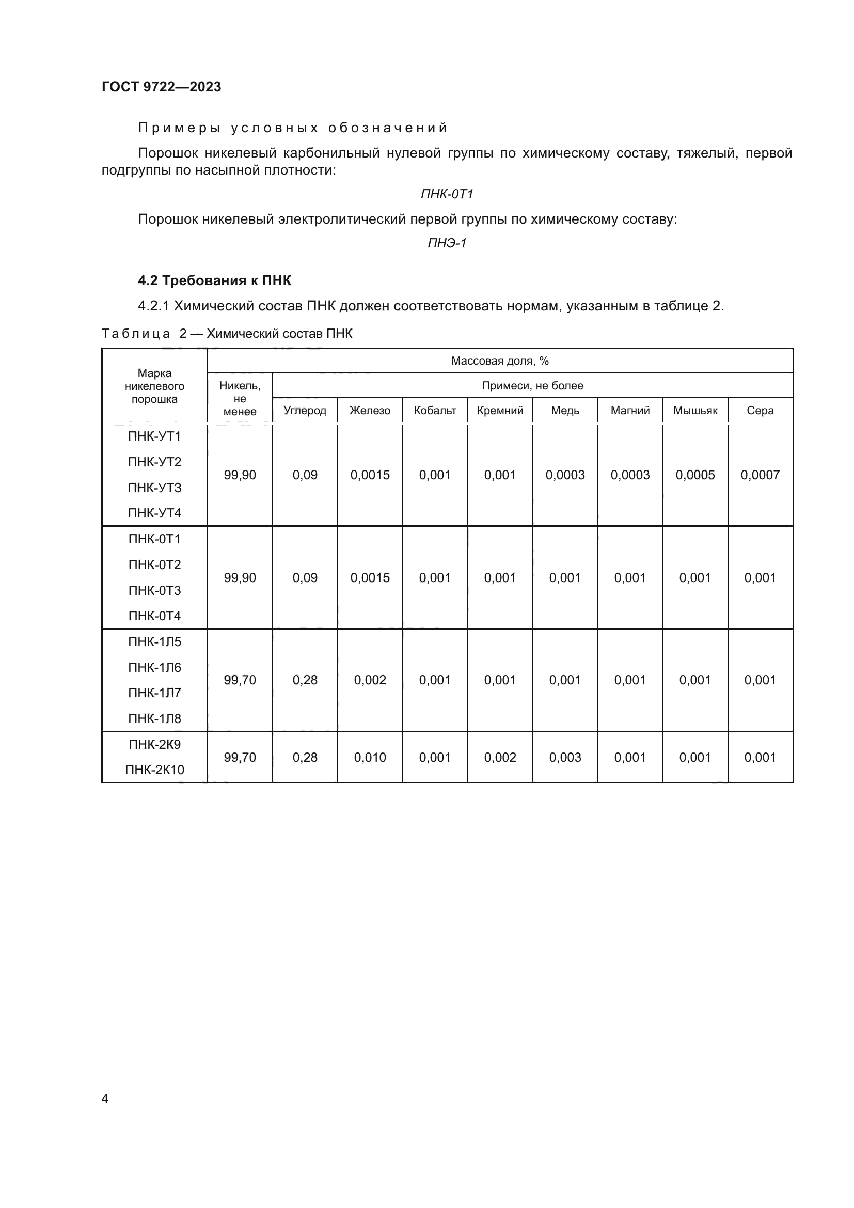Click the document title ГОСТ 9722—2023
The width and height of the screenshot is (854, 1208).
[x=162, y=87]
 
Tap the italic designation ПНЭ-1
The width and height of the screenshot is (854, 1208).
[x=447, y=243]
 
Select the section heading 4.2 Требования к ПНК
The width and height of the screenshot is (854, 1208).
[x=215, y=280]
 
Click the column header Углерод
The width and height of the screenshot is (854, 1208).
[x=305, y=411]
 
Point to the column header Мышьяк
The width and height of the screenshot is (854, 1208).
[x=695, y=411]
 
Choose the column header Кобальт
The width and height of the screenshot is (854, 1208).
[x=435, y=411]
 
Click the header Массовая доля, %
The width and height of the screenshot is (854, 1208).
[x=500, y=361]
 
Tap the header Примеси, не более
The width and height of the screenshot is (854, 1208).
[x=533, y=386]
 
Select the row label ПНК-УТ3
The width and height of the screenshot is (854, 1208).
[x=154, y=488]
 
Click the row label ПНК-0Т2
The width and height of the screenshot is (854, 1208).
[x=154, y=564]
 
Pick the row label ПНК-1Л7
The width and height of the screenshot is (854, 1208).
[x=154, y=693]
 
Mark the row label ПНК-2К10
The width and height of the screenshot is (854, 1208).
[x=154, y=770]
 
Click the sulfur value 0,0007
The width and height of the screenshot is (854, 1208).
[x=760, y=475]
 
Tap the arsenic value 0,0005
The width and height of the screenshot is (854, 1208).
[x=695, y=475]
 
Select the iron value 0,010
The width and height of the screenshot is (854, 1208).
[x=370, y=758]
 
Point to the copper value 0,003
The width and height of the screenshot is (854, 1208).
[x=565, y=758]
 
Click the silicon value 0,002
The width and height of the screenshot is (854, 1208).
[x=500, y=758]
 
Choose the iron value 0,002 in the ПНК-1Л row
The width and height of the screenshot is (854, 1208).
[x=370, y=680]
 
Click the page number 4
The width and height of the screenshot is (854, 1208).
[x=105, y=1099]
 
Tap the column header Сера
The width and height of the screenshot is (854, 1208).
[x=761, y=411]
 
